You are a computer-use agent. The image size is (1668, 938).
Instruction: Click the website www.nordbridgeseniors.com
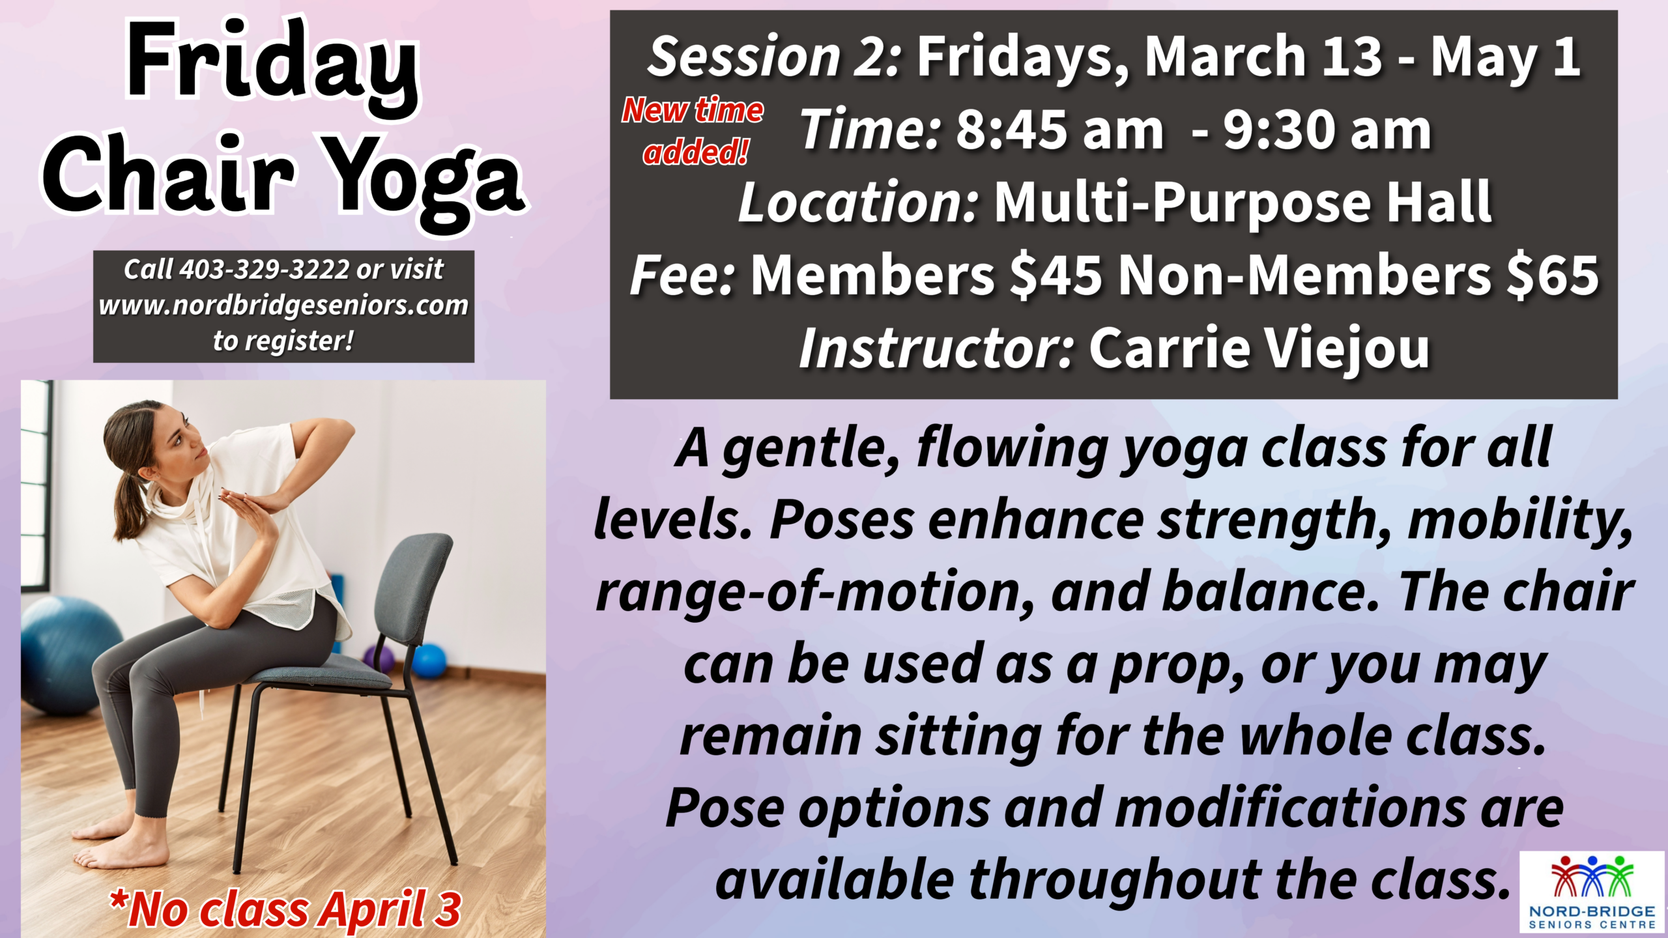tap(283, 305)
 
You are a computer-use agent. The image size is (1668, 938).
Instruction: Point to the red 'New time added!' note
tap(693, 131)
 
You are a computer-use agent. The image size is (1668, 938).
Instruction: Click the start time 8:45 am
tap(1060, 130)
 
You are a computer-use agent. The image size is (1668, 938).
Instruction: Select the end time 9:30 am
tap(1327, 130)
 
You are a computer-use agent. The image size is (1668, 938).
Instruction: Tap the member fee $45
tap(1056, 275)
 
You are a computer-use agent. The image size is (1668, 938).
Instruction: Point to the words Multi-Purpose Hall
tap(1243, 203)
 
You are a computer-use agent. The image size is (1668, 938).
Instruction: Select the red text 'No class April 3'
tap(285, 909)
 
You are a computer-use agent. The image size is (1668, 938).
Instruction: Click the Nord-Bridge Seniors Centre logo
tap(1592, 892)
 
